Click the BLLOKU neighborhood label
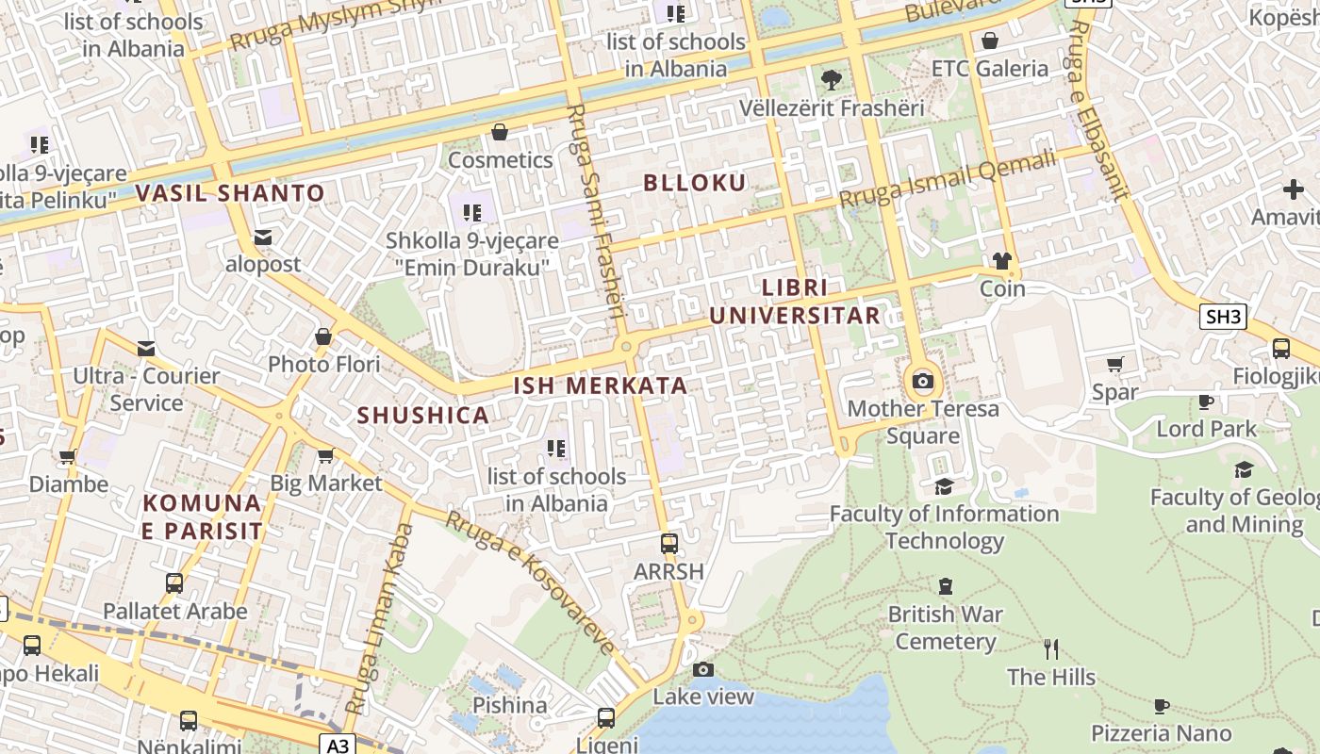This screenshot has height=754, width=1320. [x=694, y=183]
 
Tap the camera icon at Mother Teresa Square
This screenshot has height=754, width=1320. [x=923, y=382]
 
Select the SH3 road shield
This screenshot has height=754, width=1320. [x=1223, y=317]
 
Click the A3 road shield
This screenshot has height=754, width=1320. [x=338, y=746]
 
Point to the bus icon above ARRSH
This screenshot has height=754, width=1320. [x=669, y=543]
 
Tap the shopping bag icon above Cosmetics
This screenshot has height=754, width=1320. [x=500, y=132]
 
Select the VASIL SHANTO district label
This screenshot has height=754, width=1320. [x=230, y=194]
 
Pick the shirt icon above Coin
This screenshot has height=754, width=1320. [x=1001, y=260]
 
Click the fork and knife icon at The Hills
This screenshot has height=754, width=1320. [x=1051, y=648]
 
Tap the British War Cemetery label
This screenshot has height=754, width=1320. [x=946, y=628]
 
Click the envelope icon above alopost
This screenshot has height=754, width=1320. [x=263, y=237]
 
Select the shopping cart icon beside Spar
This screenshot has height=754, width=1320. [x=1114, y=364]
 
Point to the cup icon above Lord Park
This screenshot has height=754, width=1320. [x=1206, y=402]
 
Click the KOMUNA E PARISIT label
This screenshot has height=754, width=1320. [x=202, y=516]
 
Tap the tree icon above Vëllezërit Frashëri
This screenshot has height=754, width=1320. [x=831, y=79]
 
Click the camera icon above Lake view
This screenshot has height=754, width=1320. [x=703, y=669]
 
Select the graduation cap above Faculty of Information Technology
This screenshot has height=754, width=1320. [x=944, y=486]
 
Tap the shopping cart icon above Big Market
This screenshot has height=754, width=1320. [x=325, y=456]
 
